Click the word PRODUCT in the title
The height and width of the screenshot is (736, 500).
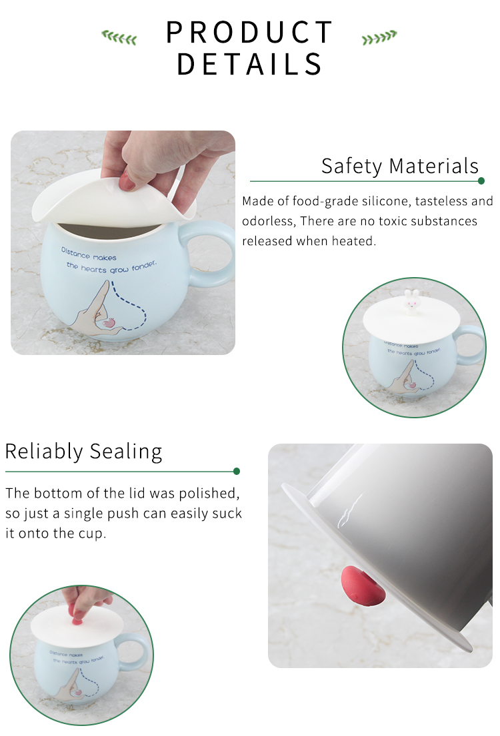coord(249,32)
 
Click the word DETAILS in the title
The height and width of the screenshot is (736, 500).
coord(249,64)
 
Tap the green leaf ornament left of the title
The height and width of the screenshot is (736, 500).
coord(119,37)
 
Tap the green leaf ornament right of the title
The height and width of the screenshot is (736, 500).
coord(379,37)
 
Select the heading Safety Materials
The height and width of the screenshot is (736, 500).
coord(400,166)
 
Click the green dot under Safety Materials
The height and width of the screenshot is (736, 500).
coord(481,181)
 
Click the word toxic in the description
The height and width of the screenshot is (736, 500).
coord(393,221)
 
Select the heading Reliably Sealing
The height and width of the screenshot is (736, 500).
coord(83,452)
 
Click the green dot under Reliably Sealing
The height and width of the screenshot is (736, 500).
coord(237,472)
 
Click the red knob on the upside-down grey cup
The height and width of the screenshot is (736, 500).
coord(363,585)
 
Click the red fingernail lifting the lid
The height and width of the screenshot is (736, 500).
coord(127,181)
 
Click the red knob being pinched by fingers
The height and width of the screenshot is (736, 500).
coord(77,621)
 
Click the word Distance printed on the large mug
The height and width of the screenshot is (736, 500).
coord(75,253)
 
